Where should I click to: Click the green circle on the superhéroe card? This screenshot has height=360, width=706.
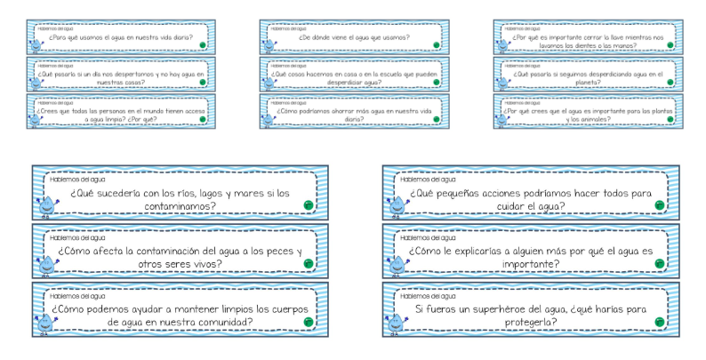(x=659, y=320)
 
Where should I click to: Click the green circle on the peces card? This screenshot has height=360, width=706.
(x=308, y=263)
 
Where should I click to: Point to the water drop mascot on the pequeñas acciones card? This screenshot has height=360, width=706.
(x=395, y=206)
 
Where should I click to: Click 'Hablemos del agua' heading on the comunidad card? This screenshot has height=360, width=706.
(x=77, y=295)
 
